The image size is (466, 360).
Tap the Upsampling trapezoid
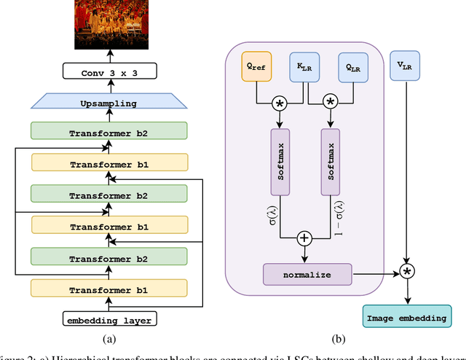coord(108,103)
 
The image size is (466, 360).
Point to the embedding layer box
coord(108,319)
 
